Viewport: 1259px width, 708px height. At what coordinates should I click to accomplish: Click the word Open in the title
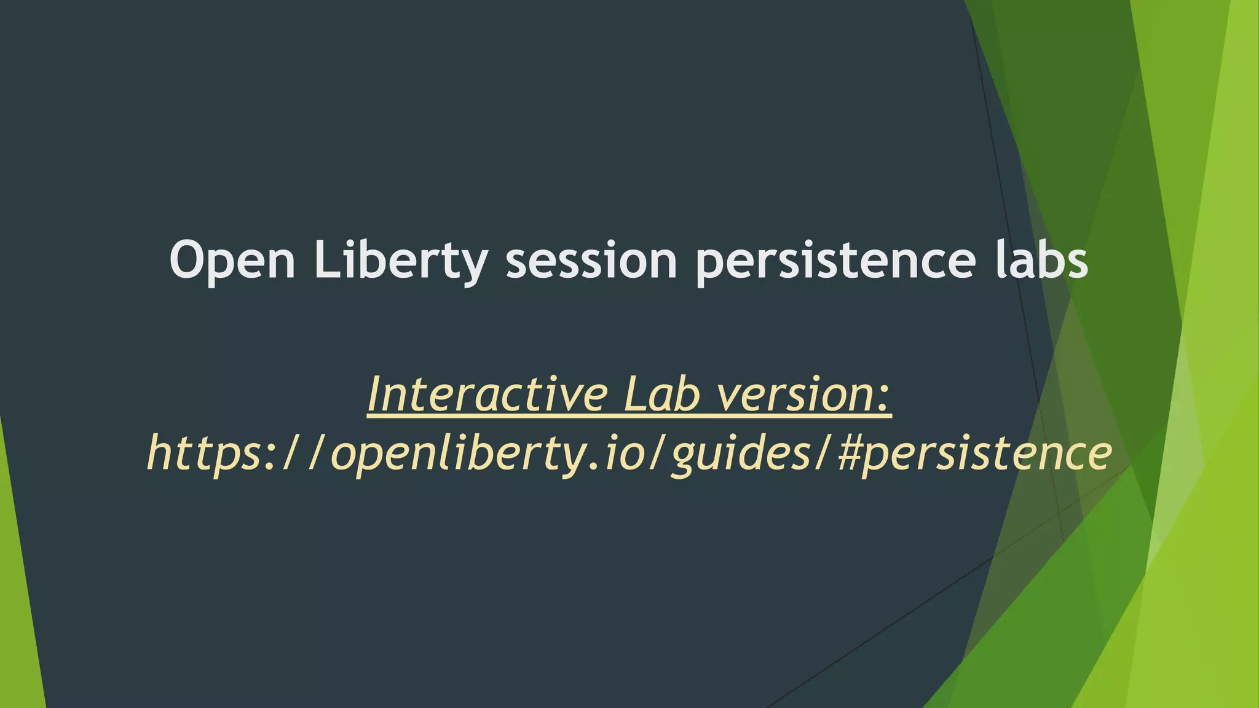coord(232,261)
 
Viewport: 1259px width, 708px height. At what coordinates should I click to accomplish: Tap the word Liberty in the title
coord(400,261)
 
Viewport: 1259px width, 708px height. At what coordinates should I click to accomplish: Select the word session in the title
coord(591,261)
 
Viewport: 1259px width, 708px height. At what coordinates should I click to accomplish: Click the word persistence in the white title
coord(835,261)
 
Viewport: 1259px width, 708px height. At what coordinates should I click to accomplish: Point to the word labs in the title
coord(1041,261)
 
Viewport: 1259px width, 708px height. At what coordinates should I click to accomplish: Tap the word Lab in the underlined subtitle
coord(661,395)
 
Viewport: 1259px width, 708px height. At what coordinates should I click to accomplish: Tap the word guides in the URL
coord(741,454)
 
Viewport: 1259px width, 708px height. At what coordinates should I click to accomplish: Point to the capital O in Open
coord(189,261)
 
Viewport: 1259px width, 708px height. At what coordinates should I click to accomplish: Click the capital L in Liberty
coord(325,261)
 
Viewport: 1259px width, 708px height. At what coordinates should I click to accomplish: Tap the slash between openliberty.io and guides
coord(658,454)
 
